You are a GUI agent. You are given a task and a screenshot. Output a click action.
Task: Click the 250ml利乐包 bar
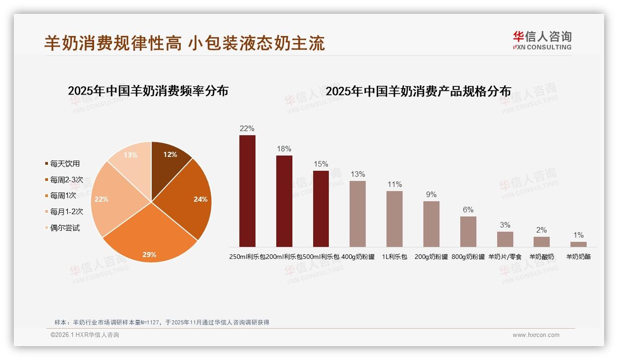[247, 191]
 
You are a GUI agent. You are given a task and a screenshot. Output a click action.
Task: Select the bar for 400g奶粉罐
[357, 214]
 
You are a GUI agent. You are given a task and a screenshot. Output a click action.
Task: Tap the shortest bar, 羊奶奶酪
[578, 244]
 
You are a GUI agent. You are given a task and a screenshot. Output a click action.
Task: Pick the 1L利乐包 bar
[394, 219]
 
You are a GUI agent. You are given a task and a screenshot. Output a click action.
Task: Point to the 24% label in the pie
[201, 199]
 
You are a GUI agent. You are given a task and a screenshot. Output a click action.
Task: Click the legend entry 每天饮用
[65, 164]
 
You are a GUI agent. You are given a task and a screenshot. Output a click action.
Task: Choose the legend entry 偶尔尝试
[65, 228]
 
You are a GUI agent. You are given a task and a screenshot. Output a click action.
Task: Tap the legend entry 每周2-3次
[66, 180]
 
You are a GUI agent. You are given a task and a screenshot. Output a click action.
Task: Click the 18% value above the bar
[284, 149]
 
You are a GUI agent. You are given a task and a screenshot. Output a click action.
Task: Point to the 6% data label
[468, 210]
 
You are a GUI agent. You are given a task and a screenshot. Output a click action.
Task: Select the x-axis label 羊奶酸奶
[541, 257]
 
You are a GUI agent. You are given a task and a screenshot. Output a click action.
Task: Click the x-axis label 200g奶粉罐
[431, 257]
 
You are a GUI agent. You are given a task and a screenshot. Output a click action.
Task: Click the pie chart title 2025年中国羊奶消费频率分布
[148, 91]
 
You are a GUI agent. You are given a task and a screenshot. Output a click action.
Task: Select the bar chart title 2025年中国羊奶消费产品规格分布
[418, 91]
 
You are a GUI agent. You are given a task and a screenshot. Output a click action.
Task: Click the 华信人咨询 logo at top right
[542, 40]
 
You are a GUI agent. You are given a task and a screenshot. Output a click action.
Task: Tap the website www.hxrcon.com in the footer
[536, 335]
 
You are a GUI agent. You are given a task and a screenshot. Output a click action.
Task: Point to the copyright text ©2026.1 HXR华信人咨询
[85, 335]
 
